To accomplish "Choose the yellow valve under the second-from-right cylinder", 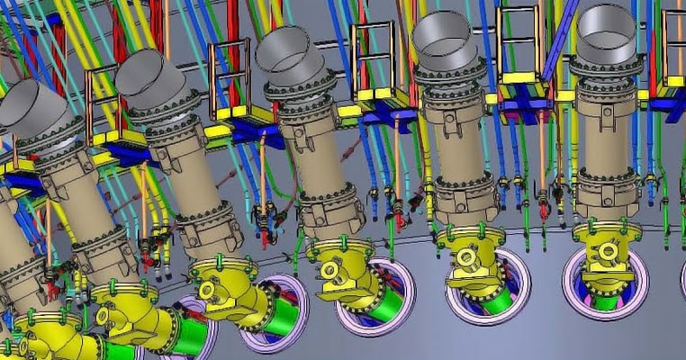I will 470,256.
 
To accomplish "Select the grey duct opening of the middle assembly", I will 286,49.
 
